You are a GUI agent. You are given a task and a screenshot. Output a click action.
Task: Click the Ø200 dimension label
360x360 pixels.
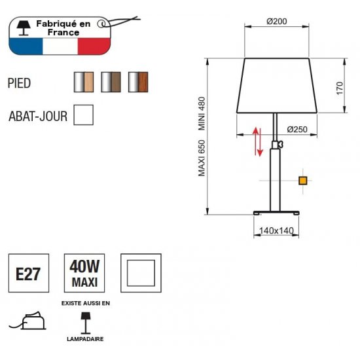click(277, 22)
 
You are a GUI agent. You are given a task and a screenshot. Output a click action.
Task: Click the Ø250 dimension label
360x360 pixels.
click(297, 130)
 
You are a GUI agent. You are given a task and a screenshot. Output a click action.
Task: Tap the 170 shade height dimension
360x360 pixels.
click(340, 88)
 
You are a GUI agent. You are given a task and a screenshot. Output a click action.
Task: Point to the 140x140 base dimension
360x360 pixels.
click(276, 230)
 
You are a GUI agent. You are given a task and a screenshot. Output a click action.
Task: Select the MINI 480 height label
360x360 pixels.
click(202, 114)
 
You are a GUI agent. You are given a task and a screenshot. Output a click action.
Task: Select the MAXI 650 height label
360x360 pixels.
click(202, 158)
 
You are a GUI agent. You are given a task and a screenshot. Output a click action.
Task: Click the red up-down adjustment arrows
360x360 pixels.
click(258, 141)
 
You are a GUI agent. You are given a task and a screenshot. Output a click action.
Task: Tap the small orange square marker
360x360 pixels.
click(303, 181)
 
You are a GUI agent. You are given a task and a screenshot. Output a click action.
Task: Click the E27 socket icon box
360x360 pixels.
click(29, 273)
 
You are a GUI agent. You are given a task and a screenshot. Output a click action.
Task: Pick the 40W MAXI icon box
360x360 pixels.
click(84, 273)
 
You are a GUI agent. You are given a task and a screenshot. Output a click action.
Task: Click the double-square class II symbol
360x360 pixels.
click(141, 273)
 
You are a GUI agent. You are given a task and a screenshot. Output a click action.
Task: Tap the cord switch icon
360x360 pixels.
click(27, 321)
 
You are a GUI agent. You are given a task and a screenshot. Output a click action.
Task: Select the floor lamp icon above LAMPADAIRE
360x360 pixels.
click(85, 323)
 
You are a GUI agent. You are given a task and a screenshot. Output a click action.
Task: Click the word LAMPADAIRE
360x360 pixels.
click(85, 339)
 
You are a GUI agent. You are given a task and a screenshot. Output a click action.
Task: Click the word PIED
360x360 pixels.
click(19, 83)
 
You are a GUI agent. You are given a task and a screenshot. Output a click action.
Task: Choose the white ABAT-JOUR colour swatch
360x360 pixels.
click(84, 115)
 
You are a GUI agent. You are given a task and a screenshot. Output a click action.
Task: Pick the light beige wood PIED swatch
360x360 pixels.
click(84, 82)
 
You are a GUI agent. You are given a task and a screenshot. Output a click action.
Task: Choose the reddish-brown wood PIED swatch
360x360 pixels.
click(138, 82)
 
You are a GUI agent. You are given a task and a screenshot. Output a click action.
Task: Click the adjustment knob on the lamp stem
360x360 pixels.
click(281, 145)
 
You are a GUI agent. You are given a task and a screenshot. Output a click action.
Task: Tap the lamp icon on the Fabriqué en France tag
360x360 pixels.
click(24, 28)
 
